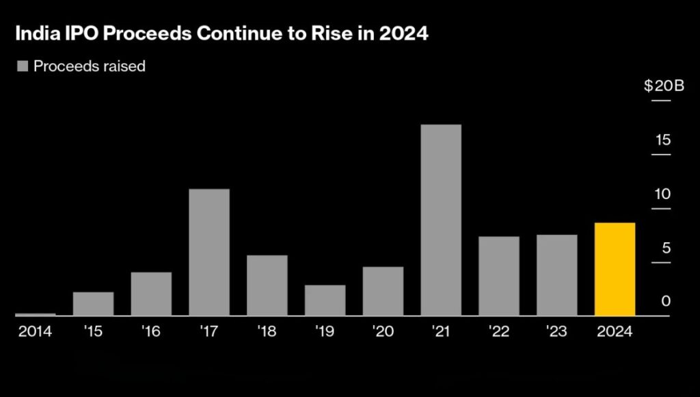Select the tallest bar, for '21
441,220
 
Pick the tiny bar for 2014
35,314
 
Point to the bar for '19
325,300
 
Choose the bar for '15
93,304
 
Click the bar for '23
556,275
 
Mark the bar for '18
267,285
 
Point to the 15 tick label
662,140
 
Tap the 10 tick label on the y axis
662,194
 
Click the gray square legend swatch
22,66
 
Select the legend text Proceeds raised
90,66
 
